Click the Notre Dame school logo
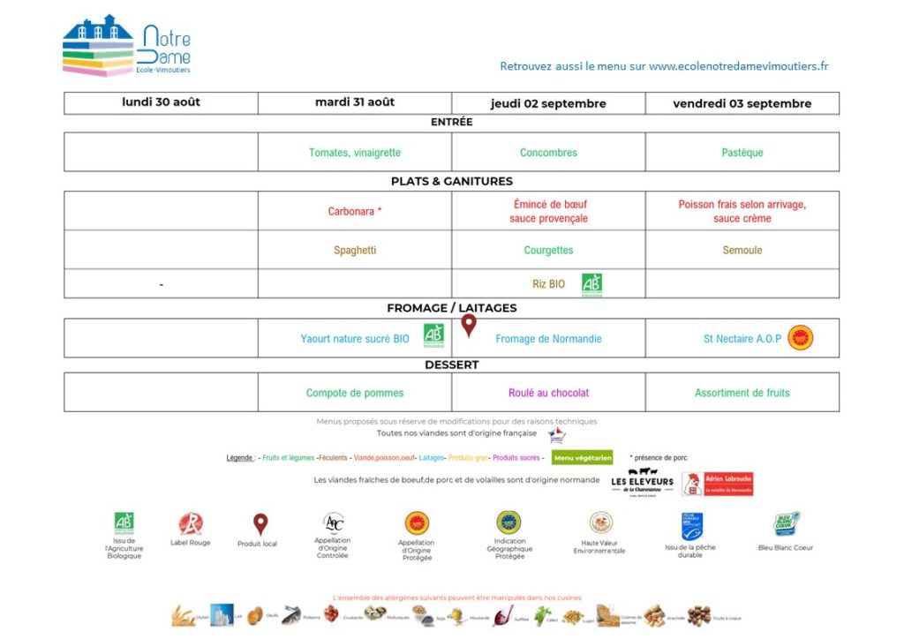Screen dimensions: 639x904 coord(126,46)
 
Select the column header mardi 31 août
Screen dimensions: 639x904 coord(355,102)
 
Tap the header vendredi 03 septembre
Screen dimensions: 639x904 coord(742,103)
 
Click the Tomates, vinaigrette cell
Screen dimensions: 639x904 coord(355,153)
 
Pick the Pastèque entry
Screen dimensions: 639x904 coord(742,153)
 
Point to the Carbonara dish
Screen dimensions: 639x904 coord(355,212)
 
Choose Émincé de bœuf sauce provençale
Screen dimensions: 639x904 coord(548,211)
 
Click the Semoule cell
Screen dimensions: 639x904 coord(742,250)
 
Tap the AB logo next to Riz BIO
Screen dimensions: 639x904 coord(591,284)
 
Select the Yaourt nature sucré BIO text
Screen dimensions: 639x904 coord(355,339)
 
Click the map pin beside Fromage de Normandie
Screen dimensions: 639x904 coord(469,327)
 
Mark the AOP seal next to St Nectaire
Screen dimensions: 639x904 coord(800,338)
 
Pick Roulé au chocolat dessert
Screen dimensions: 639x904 coord(548,393)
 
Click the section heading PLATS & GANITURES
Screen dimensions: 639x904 coord(451,181)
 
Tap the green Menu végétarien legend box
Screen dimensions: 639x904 coord(582,457)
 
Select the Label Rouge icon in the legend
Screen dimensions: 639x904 coord(190,524)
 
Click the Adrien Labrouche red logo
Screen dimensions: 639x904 coord(718,484)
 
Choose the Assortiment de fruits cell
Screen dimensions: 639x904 coord(742,393)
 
